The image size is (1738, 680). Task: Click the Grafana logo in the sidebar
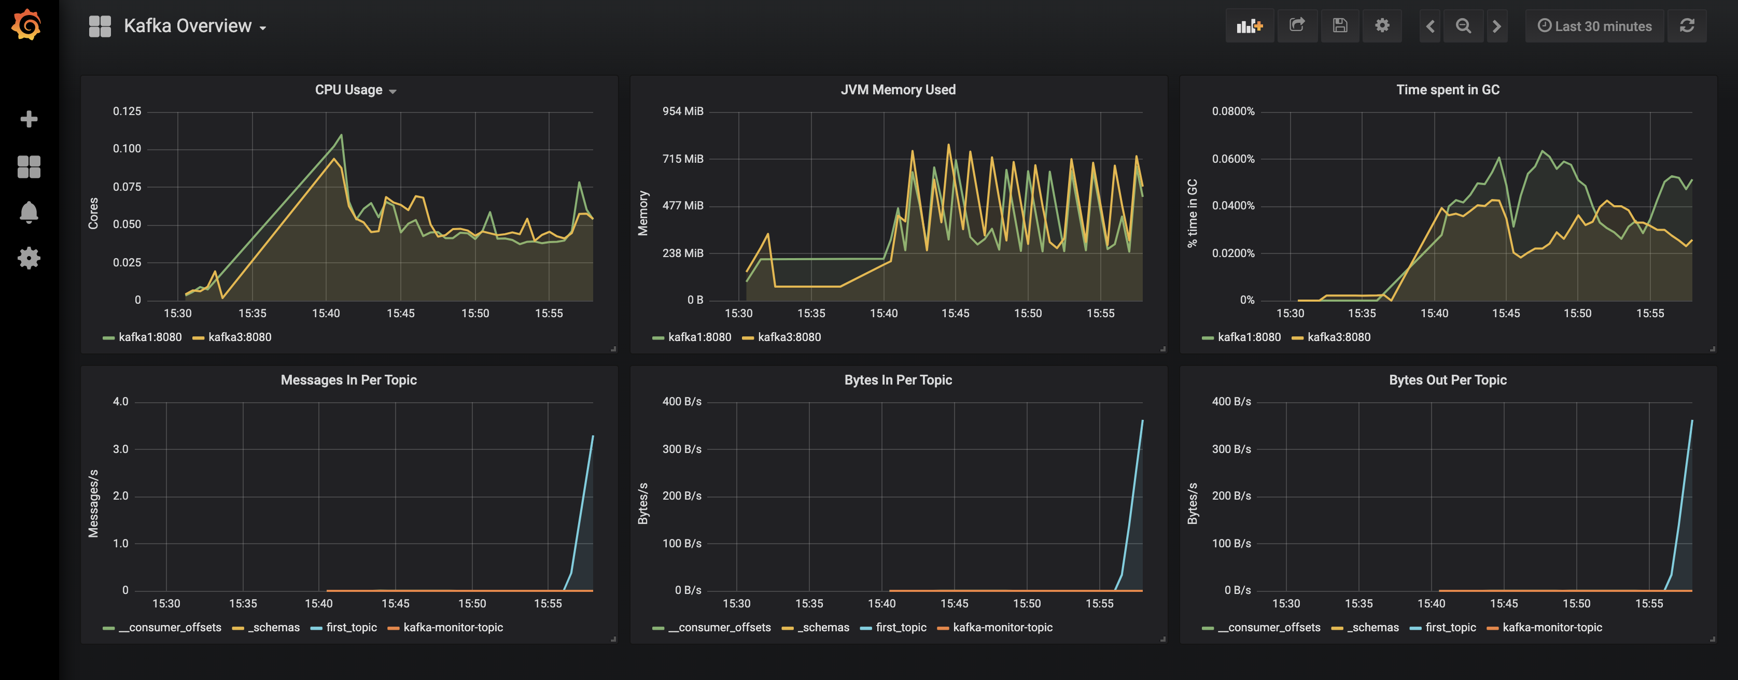coord(27,25)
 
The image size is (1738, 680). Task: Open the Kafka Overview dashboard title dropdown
coord(195,26)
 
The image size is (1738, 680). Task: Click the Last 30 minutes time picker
coord(1594,26)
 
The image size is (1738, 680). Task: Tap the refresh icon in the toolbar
coord(1687,26)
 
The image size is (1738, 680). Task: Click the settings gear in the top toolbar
coord(1382,26)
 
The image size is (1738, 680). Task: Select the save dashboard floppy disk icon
coord(1340,26)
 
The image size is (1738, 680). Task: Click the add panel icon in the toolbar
coord(1250,26)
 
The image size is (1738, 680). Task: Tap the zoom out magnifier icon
coord(1463,26)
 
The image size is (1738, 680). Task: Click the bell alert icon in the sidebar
coord(29,212)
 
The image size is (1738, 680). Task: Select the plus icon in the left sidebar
coord(29,119)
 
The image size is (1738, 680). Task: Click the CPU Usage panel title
coord(349,90)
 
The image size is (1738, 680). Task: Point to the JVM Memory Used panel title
coord(898,90)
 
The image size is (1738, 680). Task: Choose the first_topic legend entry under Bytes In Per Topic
coord(894,627)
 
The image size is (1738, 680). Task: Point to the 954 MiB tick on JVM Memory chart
coord(683,111)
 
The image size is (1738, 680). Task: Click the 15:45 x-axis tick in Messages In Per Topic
coord(396,604)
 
